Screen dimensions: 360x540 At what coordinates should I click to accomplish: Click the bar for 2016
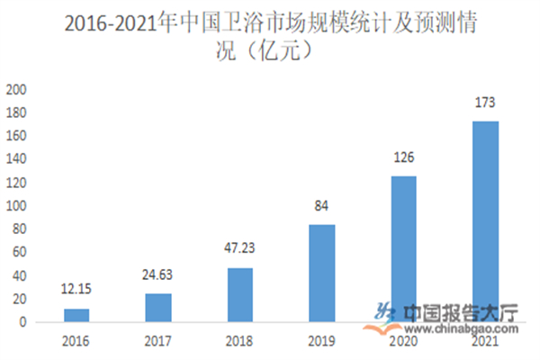(76, 315)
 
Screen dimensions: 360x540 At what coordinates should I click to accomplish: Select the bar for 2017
(158, 308)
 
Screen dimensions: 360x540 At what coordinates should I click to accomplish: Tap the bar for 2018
(240, 294)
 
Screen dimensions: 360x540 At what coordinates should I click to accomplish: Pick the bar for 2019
(322, 273)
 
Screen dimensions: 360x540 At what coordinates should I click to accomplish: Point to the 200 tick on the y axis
(17, 90)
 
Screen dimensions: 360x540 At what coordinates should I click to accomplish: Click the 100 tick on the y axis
(17, 206)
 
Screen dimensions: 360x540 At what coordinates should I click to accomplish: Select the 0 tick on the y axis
(24, 322)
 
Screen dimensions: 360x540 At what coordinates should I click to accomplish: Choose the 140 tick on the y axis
(17, 159)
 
